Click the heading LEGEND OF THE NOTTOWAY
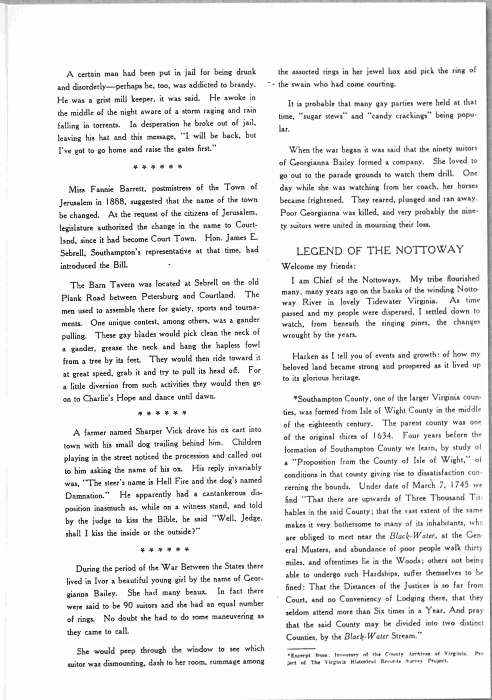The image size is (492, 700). pos(379,250)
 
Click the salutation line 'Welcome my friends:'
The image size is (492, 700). pos(318,266)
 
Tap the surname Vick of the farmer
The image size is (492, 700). pos(174,430)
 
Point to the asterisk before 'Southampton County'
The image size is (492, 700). pos(296,398)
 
